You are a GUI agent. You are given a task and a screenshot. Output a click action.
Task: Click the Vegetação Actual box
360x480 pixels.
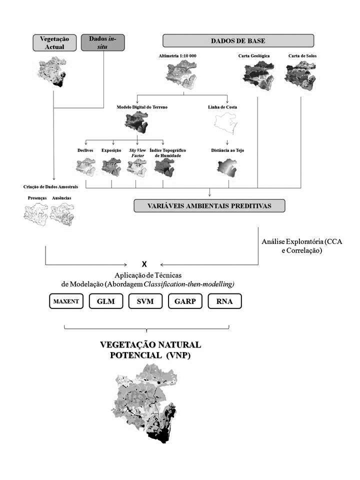pos(54,42)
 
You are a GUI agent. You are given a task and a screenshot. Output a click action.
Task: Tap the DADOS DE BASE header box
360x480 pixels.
pos(238,40)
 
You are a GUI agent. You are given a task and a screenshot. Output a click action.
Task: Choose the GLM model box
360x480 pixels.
pos(104,301)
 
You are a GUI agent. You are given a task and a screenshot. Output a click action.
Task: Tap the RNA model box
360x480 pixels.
pos(224,301)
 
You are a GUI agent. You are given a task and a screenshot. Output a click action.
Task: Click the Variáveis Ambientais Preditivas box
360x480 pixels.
pos(209,206)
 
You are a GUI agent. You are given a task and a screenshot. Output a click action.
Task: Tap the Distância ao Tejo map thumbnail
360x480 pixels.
pos(228,168)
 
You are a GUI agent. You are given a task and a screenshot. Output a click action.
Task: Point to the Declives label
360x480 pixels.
pos(85,149)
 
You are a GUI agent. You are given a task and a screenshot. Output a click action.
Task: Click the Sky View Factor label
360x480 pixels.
pos(136,152)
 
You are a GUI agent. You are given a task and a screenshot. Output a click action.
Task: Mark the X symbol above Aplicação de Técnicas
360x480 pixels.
pos(144,263)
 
